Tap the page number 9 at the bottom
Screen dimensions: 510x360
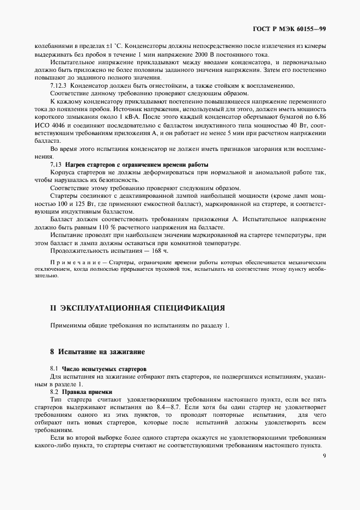click(x=324, y=458)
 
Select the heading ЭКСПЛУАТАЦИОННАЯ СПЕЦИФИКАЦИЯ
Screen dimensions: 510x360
click(x=142, y=308)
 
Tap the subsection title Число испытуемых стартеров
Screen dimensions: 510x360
click(x=104, y=369)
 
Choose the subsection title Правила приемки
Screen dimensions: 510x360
click(x=87, y=392)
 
